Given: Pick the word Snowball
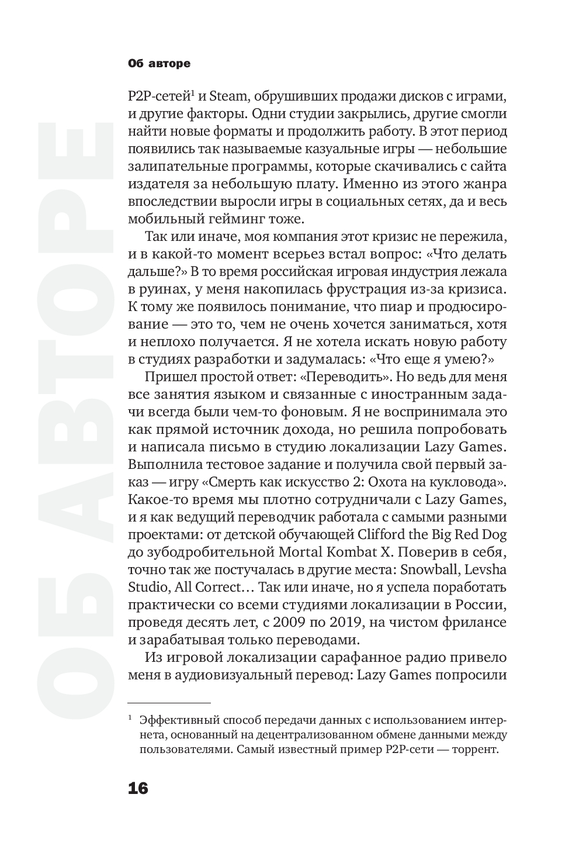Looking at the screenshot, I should [x=439, y=569].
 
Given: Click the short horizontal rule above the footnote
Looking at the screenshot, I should [x=169, y=703].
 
